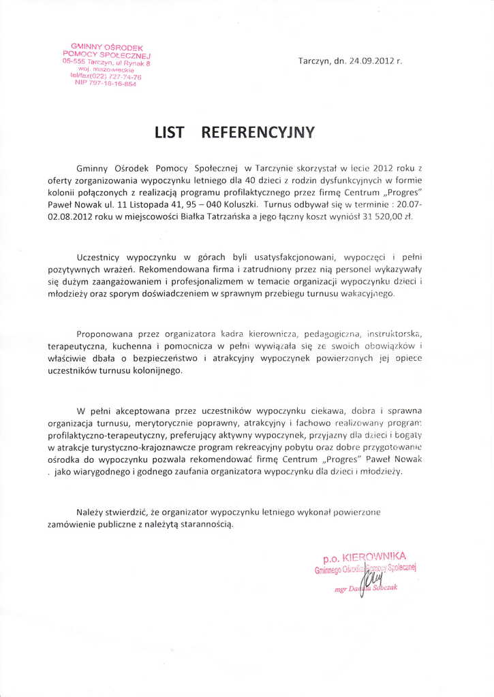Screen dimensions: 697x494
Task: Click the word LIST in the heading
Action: (169, 133)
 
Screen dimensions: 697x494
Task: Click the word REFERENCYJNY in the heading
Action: (259, 133)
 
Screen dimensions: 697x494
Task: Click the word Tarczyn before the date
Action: (314, 61)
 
